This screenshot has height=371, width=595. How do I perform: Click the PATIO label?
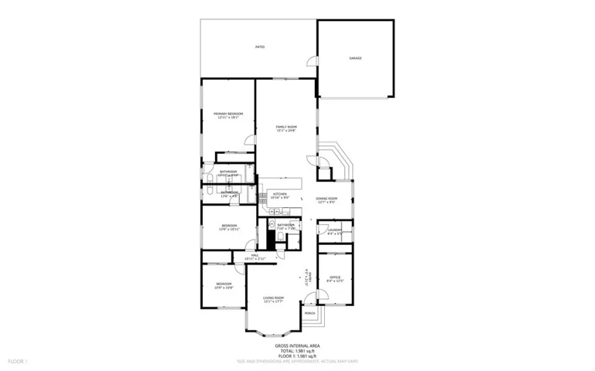coord(260,48)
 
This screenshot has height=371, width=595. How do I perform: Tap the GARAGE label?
coord(355,59)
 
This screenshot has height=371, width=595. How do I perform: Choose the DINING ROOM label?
coord(327,200)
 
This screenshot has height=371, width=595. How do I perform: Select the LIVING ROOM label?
coord(273,299)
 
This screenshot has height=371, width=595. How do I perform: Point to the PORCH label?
coord(309,314)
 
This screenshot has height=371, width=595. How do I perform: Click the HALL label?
coord(255,256)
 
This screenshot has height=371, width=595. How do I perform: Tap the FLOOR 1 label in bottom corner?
coord(17,361)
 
